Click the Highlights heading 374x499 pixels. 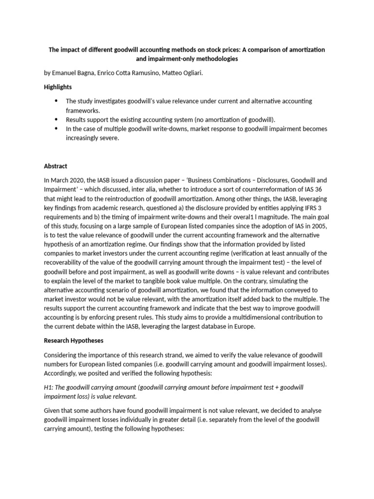tap(58, 87)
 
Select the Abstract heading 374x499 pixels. tap(56, 166)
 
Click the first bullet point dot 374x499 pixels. tap(56, 101)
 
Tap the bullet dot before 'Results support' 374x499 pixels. tap(56, 119)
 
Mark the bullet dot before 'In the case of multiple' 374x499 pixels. tap(56, 129)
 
